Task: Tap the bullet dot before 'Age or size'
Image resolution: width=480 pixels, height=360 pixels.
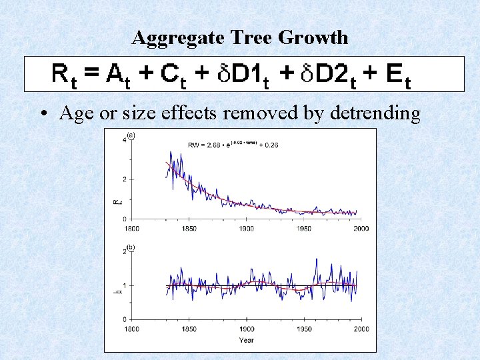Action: click(43, 114)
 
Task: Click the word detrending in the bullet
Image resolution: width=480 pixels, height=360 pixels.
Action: click(373, 113)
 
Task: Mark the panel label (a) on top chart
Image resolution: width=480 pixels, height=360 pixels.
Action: click(131, 135)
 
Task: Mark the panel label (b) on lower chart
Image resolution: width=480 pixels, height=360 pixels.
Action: click(131, 247)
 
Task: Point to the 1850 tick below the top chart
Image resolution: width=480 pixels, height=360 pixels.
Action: click(189, 229)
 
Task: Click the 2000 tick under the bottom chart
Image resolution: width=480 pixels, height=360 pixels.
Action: click(361, 329)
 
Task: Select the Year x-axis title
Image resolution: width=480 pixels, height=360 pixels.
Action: click(246, 341)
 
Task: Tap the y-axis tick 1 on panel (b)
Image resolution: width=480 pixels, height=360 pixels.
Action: click(125, 286)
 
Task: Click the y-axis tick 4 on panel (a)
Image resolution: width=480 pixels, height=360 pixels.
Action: click(125, 140)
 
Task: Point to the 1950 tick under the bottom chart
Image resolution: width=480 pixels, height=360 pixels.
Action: click(304, 329)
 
